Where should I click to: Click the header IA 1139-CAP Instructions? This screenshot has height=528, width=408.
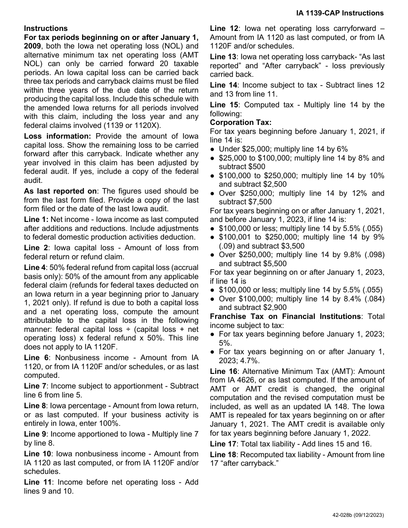coord(340,13)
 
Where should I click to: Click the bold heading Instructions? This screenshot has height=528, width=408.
coord(46,28)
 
